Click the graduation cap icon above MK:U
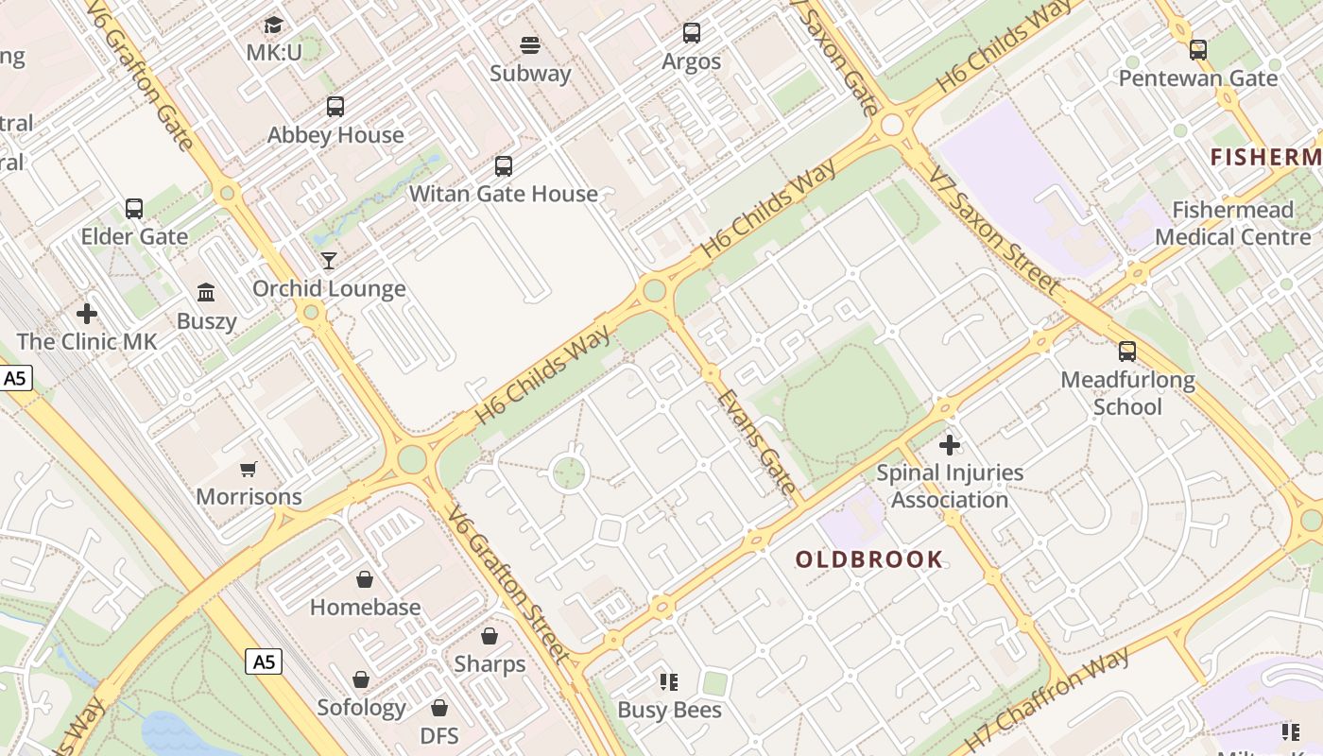point(274,25)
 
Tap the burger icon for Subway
point(530,45)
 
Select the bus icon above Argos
point(692,34)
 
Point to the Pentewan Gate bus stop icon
point(1198,50)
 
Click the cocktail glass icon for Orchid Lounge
point(329,261)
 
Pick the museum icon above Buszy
point(206,293)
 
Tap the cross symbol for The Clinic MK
point(87,314)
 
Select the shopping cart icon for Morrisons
point(249,469)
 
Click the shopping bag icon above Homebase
point(365,579)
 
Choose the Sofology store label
point(361,708)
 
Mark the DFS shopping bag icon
point(439,708)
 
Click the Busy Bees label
point(669,710)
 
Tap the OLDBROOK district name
point(868,559)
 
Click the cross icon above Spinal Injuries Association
point(950,444)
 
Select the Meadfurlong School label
point(1127,393)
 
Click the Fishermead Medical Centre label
point(1232,223)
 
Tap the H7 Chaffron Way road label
point(1047,699)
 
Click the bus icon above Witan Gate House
point(504,166)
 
